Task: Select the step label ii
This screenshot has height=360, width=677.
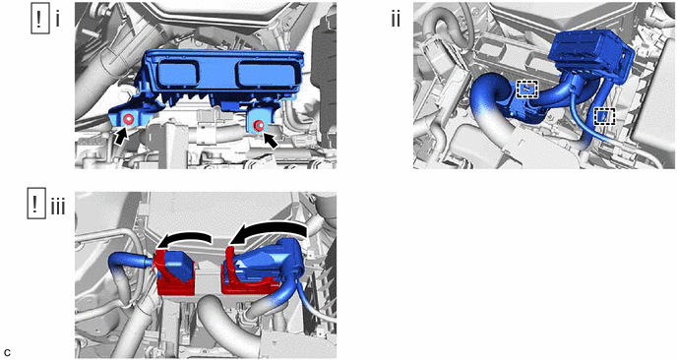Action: (x=396, y=20)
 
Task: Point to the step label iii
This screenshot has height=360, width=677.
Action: (x=58, y=208)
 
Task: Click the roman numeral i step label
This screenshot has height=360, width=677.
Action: (x=57, y=20)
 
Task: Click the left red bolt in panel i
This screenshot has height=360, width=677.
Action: (x=128, y=119)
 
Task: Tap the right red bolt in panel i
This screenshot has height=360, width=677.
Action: (x=259, y=125)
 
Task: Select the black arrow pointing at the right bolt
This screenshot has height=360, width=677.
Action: (x=271, y=141)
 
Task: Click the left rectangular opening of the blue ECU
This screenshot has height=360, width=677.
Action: (x=179, y=73)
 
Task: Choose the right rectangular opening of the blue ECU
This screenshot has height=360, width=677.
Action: (x=261, y=74)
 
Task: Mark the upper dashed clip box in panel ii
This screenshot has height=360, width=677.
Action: (x=527, y=89)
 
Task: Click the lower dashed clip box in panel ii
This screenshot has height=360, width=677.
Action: (x=604, y=116)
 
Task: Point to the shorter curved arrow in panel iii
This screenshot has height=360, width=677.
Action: (x=185, y=238)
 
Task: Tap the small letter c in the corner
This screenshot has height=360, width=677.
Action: (x=7, y=352)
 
